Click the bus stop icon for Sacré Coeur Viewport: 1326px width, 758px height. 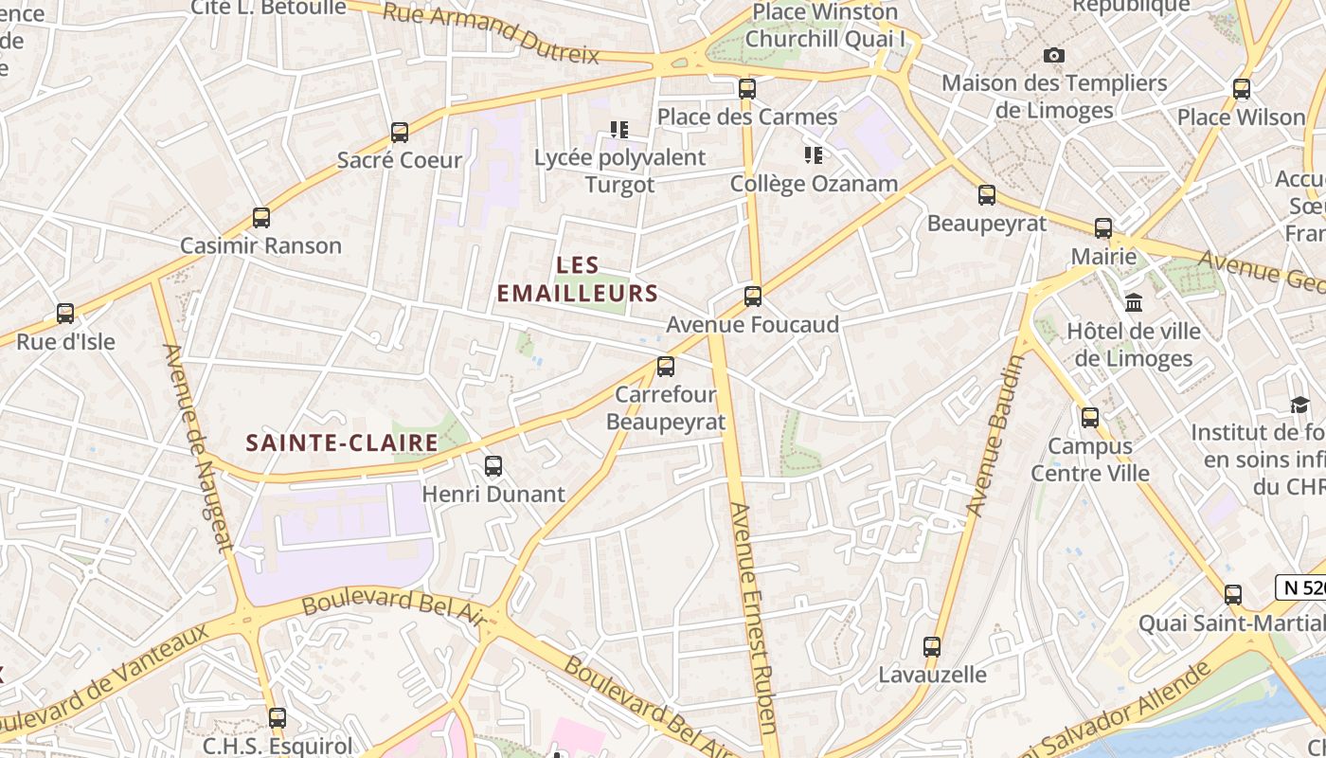[400, 132]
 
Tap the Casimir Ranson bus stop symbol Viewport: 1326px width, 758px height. [261, 218]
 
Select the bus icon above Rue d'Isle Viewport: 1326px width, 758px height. [65, 313]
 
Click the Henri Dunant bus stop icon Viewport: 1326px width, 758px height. [493, 466]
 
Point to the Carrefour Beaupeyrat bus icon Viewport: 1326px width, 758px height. [666, 367]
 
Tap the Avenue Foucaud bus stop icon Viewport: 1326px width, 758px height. [753, 297]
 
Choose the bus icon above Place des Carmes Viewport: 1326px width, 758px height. [747, 89]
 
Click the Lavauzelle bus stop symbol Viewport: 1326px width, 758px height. [932, 647]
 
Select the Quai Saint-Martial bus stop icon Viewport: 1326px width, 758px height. [1233, 595]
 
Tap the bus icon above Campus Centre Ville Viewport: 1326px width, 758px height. [1090, 417]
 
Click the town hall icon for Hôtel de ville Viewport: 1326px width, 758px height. [1134, 303]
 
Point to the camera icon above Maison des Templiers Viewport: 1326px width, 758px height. [1054, 55]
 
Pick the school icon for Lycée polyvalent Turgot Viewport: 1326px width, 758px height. [619, 129]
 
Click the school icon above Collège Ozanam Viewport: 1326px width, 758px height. [814, 154]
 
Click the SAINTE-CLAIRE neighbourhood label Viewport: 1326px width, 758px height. [343, 442]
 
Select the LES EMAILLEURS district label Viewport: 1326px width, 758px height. [578, 279]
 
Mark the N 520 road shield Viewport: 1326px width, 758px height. [1301, 587]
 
